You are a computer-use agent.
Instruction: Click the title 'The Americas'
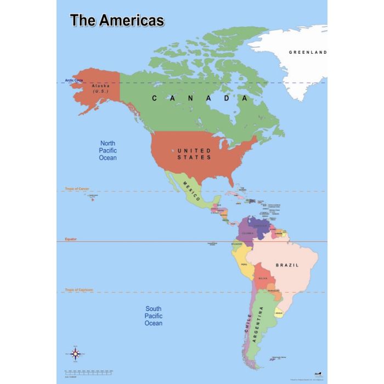click(x=117, y=21)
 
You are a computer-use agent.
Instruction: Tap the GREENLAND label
click(x=308, y=53)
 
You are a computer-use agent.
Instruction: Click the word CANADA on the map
click(x=200, y=98)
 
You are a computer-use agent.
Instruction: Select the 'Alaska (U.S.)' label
click(x=101, y=88)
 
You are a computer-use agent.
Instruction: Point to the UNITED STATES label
click(x=194, y=154)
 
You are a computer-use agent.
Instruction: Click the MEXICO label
click(x=193, y=190)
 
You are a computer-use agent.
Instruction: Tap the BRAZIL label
click(x=287, y=265)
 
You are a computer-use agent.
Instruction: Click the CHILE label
click(x=249, y=324)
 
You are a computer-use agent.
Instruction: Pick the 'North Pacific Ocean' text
click(x=108, y=150)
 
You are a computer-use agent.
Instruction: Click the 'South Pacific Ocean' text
click(x=154, y=316)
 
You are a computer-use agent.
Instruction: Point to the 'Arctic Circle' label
click(x=74, y=80)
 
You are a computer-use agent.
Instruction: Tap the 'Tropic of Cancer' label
click(x=77, y=189)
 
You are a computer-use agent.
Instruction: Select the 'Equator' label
click(x=71, y=239)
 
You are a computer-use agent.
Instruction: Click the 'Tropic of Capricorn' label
click(x=79, y=290)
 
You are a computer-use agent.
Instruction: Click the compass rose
click(x=76, y=354)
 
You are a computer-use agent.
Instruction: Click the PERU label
click(x=245, y=264)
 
